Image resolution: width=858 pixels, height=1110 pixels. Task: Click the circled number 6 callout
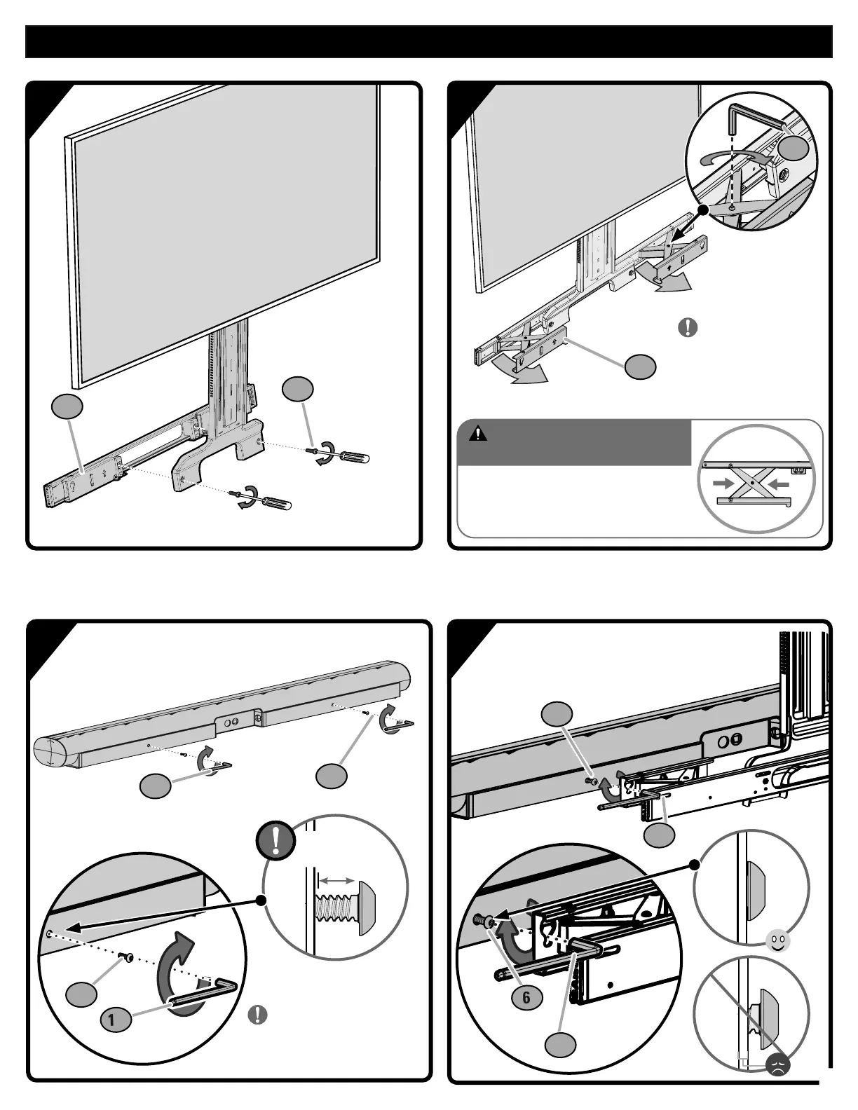click(526, 997)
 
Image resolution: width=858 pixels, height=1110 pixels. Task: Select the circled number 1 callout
click(112, 1020)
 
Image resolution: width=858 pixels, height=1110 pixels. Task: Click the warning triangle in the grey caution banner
click(478, 432)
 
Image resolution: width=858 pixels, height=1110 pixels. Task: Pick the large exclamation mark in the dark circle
click(275, 840)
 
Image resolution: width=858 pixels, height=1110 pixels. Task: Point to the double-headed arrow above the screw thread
click(336, 878)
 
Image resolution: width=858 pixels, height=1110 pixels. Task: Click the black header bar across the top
click(429, 42)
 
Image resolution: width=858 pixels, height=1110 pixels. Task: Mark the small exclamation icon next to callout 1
click(257, 1015)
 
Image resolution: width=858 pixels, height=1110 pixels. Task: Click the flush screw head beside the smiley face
click(756, 889)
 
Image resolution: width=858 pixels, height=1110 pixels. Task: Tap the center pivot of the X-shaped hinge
click(751, 484)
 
